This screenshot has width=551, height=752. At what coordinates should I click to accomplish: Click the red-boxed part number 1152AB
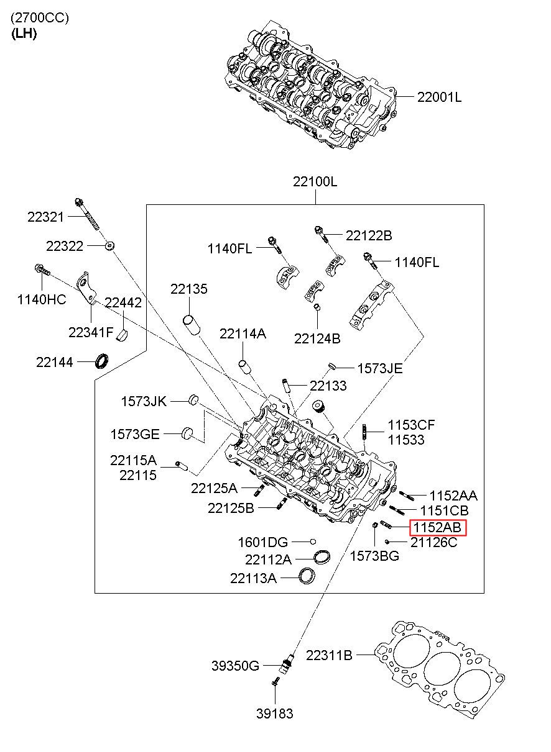tap(438, 527)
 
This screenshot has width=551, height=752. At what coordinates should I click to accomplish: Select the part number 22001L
tap(440, 97)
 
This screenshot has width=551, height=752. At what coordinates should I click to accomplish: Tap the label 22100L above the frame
tap(315, 181)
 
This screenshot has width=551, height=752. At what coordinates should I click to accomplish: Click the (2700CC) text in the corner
tap(40, 17)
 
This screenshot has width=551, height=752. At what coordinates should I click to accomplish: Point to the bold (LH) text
tap(24, 34)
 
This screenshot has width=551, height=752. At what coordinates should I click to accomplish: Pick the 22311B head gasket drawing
tap(440, 671)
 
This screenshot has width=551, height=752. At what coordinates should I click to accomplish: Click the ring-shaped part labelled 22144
tap(102, 360)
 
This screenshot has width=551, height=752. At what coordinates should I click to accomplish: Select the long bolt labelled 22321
tap(88, 214)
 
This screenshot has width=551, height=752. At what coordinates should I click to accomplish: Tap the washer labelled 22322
tap(109, 246)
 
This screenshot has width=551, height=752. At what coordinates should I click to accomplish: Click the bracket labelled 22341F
tap(86, 288)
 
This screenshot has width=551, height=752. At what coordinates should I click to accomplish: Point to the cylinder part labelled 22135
tap(192, 324)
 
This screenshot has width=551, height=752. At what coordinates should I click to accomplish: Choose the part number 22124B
tap(317, 338)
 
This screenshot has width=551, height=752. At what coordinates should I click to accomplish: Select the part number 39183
tap(275, 713)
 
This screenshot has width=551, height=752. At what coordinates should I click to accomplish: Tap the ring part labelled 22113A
tap(307, 576)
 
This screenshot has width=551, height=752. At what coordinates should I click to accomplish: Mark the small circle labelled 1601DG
tap(313, 541)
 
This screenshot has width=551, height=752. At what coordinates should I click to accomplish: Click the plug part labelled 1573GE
tap(188, 433)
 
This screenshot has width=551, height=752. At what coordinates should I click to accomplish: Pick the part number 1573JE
tap(380, 369)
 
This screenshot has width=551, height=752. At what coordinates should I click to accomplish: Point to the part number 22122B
tap(369, 236)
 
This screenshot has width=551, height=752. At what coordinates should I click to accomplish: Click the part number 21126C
tap(433, 542)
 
